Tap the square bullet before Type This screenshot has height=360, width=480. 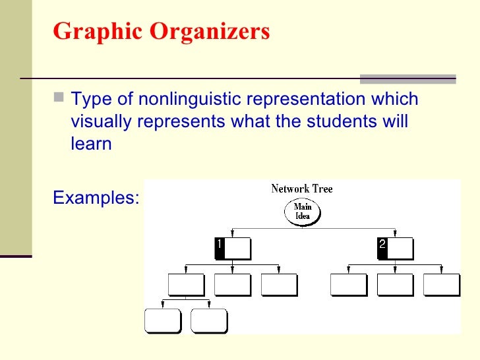pos(59,99)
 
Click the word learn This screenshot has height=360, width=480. pos(91,144)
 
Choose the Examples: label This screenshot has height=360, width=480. pos(96,197)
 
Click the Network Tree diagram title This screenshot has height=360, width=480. pos(302,189)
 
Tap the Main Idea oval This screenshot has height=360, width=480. pos(303,212)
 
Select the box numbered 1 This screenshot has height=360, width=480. pos(233,249)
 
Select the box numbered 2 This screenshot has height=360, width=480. pos(394,249)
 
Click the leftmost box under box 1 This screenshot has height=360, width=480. pos(186,284)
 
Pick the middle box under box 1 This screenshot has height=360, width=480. pos(233,284)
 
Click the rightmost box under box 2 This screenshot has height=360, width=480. pos(441,284)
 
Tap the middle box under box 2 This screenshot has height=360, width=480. pos(394,284)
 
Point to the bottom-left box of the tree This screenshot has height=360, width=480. pos(162,320)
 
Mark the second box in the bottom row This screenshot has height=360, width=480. pos(209,320)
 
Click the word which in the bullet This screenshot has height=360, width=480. pos(394,100)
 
